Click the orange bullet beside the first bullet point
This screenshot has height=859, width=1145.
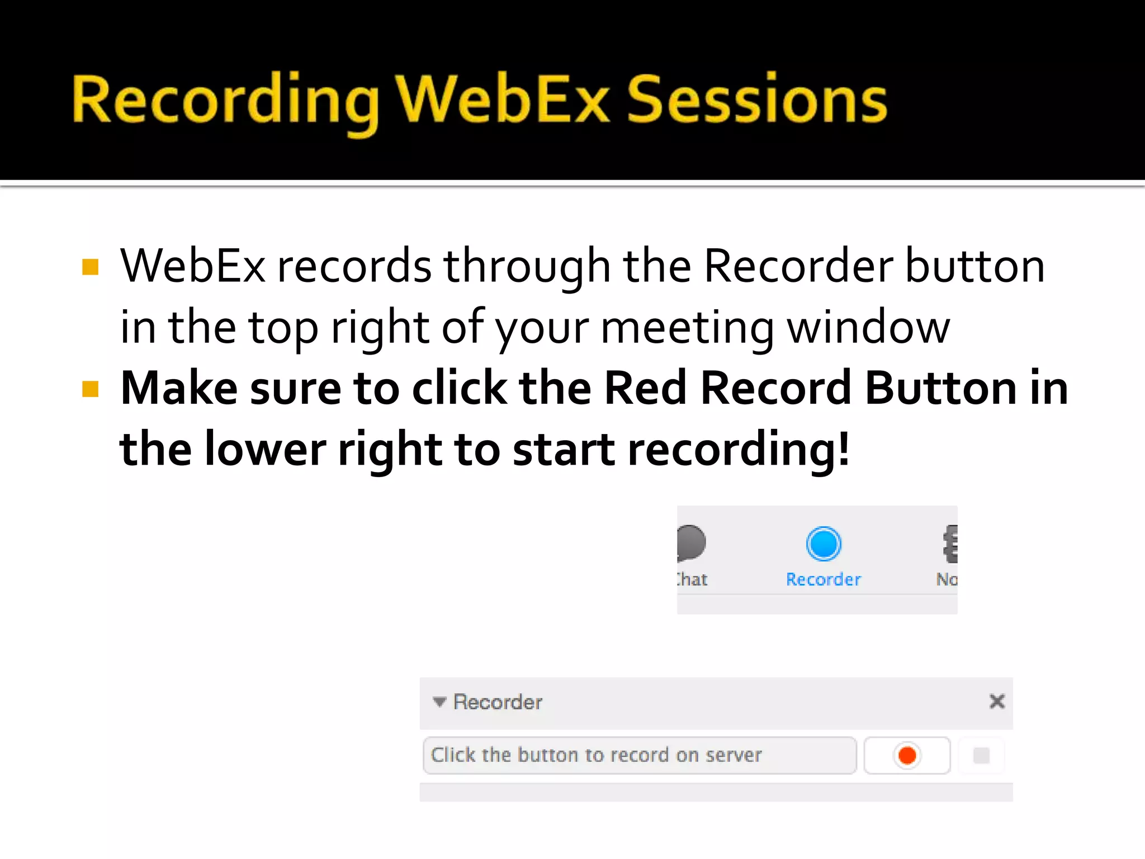click(x=90, y=267)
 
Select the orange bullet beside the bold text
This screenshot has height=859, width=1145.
click(x=90, y=389)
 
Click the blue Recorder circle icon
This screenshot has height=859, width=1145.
click(x=823, y=544)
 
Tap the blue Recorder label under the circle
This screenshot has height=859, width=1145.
click(x=823, y=579)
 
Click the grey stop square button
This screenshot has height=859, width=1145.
click(x=981, y=756)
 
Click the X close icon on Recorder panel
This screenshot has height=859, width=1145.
click(x=997, y=701)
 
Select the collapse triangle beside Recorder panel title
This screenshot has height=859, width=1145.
click(x=439, y=702)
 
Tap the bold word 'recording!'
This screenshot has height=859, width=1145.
click(x=738, y=450)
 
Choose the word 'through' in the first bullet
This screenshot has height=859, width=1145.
click(x=527, y=267)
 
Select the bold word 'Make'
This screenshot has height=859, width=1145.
click(x=179, y=388)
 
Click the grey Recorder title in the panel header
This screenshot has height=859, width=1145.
click(x=498, y=702)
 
